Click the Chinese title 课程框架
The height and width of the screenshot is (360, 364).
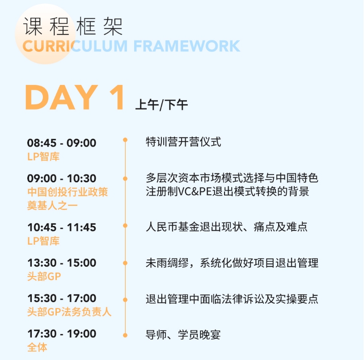pos(73,26)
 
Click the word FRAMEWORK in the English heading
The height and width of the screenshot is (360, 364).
pos(187,46)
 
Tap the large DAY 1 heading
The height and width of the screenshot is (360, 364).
pos(75,97)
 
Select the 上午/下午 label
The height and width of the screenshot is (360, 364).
pos(161,105)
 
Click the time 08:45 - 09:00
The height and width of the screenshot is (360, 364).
pos(62,143)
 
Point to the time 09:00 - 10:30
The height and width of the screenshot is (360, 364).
pos(62,178)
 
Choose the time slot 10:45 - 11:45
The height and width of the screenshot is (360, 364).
pos(62,227)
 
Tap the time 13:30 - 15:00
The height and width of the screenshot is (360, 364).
pos(62,263)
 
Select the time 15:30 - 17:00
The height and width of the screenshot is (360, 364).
pos(62,298)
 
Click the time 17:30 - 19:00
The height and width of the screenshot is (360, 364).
pos(62,334)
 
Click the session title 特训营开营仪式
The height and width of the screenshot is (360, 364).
pos(183,142)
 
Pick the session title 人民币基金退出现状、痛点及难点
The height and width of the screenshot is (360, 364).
pos(227,227)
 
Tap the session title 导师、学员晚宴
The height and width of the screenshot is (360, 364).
pos(183,335)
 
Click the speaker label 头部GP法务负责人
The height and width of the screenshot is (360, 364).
pos(69,312)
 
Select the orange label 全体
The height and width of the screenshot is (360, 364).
pos(37,347)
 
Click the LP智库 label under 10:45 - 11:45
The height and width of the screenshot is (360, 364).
pos(43,241)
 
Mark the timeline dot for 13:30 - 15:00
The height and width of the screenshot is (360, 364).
pos(125,263)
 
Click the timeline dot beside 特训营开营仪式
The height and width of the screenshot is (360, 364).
pos(125,140)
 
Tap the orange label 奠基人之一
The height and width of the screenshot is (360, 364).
pos(52,205)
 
